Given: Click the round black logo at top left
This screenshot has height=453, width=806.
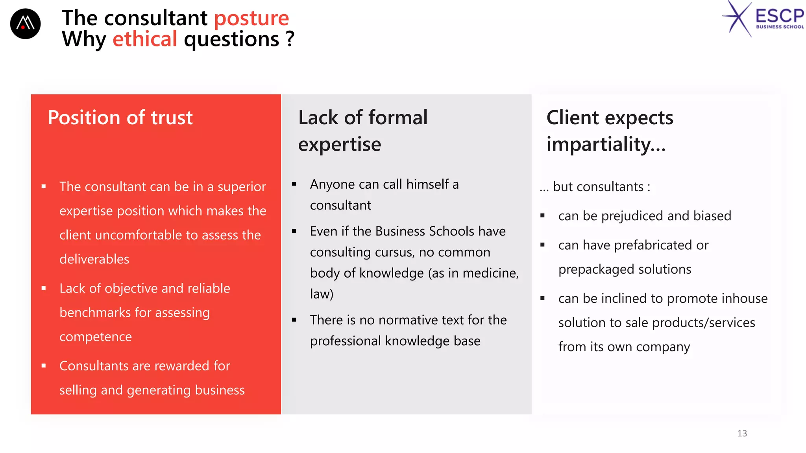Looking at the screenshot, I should coord(25,24).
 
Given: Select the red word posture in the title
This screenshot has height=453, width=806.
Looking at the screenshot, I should coord(251,18).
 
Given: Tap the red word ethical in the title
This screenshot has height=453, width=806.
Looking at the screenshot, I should coord(145,39).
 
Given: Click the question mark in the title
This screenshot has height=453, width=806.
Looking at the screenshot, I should coord(290,39).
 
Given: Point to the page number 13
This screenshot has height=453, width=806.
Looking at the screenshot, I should coord(742,433).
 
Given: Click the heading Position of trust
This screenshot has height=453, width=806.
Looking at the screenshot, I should coord(120,118).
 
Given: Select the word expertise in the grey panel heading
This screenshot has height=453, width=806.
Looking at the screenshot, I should coord(340,144).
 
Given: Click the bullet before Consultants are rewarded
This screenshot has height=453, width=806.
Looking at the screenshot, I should coord(44,366).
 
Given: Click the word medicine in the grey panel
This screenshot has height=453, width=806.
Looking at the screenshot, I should coord(493,273).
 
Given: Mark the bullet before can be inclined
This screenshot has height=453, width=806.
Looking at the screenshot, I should coord(542,298).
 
